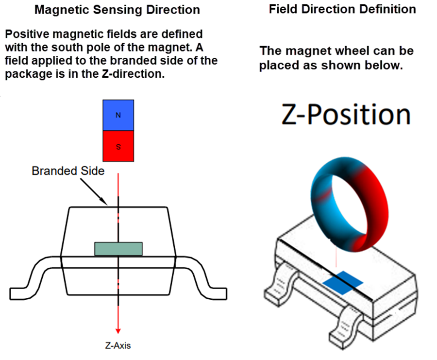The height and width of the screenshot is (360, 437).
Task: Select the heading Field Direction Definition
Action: (342, 9)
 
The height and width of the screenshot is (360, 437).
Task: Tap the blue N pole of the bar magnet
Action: (118, 115)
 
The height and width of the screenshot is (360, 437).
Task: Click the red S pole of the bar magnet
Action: (118, 146)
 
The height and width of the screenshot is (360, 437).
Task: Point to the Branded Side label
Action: (67, 171)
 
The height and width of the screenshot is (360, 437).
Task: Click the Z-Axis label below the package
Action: (118, 346)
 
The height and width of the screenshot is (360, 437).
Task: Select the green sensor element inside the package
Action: (118, 249)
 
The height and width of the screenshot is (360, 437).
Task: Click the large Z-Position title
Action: (346, 115)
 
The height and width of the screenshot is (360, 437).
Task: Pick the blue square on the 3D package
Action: (343, 284)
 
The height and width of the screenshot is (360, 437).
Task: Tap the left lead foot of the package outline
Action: (22, 293)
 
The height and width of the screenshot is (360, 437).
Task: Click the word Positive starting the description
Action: (24, 35)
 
